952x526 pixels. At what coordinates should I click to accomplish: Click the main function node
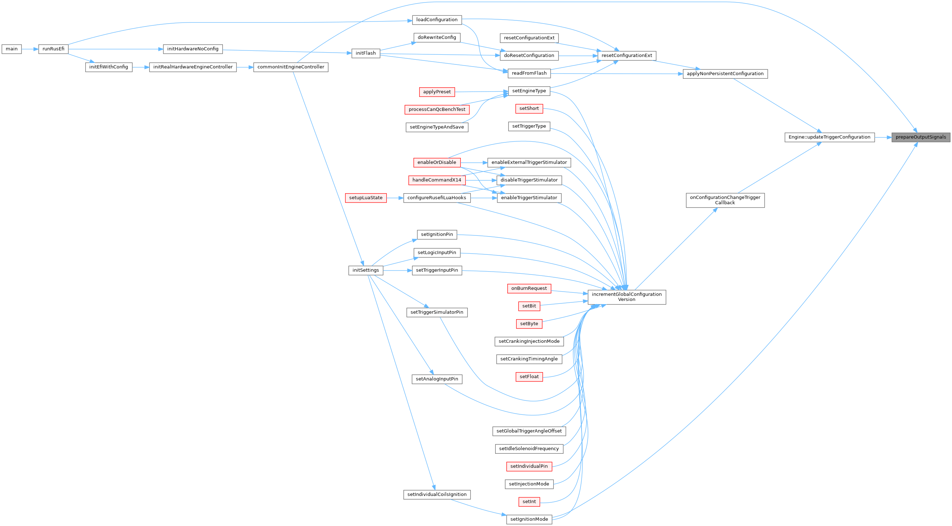[x=11, y=49]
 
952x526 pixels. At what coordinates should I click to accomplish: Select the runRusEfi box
[x=53, y=49]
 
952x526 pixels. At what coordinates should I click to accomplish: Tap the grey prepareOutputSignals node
[x=920, y=137]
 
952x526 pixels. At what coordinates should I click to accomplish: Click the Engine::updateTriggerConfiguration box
[x=829, y=137]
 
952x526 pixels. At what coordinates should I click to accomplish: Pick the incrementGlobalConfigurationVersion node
[x=626, y=297]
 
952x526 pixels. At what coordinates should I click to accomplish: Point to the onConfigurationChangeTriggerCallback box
[x=725, y=200]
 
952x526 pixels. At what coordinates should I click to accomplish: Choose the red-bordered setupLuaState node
[x=365, y=198]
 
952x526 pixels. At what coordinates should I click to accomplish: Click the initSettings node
[x=365, y=270]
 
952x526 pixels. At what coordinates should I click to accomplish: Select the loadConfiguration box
[x=436, y=20]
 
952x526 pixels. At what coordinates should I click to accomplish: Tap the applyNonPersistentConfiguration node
[x=725, y=74]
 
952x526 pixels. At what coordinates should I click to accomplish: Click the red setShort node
[x=529, y=108]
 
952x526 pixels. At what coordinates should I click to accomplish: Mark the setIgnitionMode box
[x=529, y=519]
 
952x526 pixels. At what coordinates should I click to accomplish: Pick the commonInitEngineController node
[x=291, y=67]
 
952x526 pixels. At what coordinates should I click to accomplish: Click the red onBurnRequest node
[x=529, y=288]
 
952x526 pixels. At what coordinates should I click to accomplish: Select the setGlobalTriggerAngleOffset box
[x=529, y=431]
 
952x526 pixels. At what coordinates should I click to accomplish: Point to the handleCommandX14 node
[x=436, y=180]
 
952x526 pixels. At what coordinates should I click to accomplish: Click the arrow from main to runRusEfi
[x=30, y=49]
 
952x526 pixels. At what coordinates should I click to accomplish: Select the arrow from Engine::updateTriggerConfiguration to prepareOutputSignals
[x=883, y=137]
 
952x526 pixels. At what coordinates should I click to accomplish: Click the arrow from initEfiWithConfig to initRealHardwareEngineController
[x=140, y=67]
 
